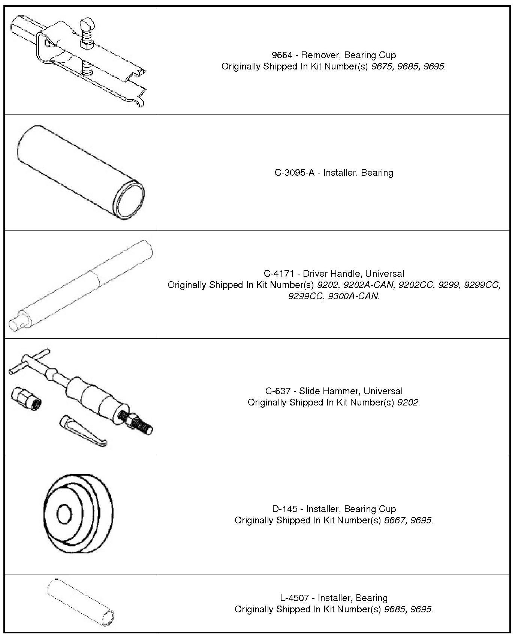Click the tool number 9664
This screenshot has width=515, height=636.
tap(281, 55)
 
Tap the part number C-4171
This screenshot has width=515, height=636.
tap(279, 273)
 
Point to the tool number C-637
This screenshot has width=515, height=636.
tap(278, 391)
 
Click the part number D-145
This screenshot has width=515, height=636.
tap(284, 509)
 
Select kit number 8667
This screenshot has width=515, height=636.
tap(395, 520)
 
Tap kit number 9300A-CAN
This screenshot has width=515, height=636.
tap(353, 296)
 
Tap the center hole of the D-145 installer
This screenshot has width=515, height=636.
tap(64, 514)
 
